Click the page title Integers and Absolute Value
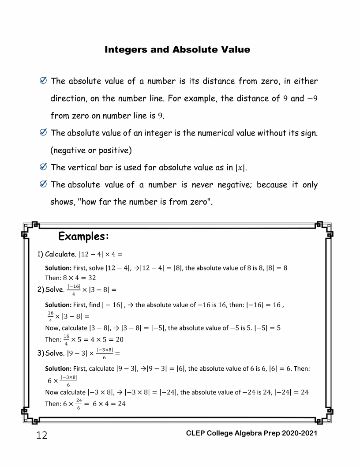177,49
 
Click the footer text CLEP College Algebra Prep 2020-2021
252,434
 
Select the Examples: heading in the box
83,237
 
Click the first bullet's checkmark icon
43,82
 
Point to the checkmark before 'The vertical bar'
43,168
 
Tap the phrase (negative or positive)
91,150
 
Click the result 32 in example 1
91,278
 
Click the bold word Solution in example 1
58,268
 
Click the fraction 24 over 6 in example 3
79,403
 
